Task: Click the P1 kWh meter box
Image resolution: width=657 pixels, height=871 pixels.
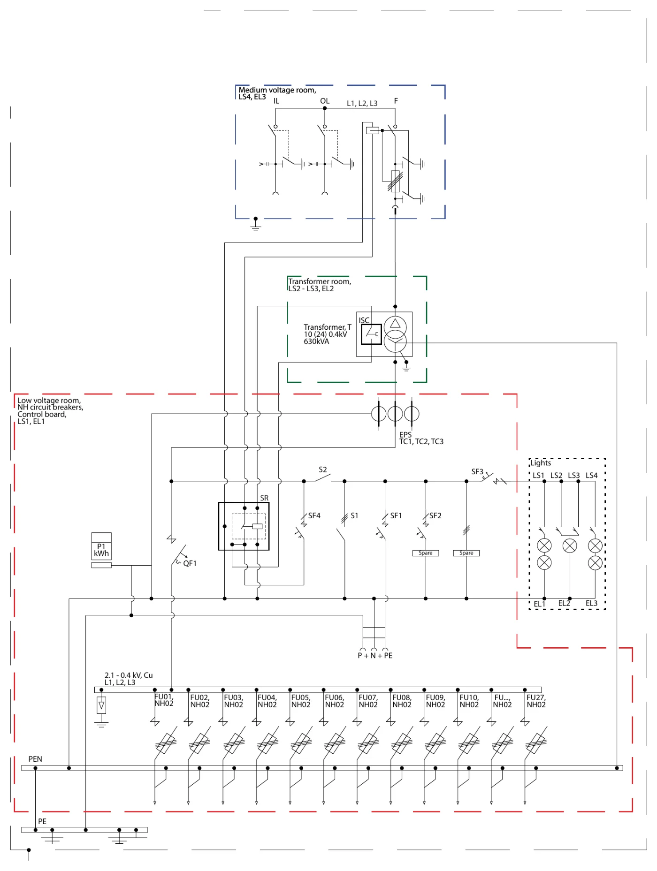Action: click(101, 546)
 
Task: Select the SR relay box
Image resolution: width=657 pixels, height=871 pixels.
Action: click(244, 526)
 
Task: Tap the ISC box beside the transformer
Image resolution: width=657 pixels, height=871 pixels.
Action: click(371, 334)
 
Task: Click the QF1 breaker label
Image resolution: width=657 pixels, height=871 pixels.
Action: click(190, 563)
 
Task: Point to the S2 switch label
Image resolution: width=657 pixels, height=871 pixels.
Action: click(323, 470)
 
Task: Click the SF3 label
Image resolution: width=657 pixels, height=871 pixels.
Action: click(477, 471)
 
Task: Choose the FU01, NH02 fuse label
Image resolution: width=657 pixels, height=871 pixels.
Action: click(164, 700)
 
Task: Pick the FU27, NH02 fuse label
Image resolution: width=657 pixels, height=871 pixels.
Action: click(536, 701)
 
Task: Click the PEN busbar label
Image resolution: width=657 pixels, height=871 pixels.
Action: click(35, 759)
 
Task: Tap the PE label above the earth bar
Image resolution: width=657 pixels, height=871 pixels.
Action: click(42, 821)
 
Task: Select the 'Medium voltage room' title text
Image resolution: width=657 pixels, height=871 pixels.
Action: click(277, 90)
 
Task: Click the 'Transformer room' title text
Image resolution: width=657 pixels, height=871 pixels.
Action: click(320, 281)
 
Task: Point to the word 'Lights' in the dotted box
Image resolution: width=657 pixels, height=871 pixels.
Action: click(541, 463)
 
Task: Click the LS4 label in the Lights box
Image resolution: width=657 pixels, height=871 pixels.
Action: click(591, 475)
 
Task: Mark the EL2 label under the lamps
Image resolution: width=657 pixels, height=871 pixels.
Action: click(564, 603)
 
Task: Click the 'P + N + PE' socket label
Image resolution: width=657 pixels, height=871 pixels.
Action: click(375, 655)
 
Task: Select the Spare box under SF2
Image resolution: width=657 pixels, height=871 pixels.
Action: click(426, 553)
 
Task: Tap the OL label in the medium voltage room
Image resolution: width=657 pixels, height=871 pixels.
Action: click(325, 101)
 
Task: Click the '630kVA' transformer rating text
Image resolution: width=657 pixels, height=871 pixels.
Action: click(316, 341)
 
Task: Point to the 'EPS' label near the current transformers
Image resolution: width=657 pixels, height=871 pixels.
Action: click(405, 435)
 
